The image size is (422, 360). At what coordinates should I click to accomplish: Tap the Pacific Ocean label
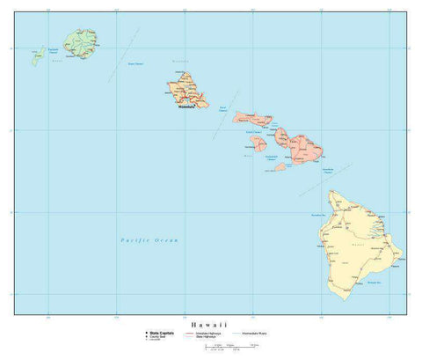tap(149, 239)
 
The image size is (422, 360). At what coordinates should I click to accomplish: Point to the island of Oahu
tap(188, 90)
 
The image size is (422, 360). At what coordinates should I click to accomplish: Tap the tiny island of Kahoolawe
tap(280, 166)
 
